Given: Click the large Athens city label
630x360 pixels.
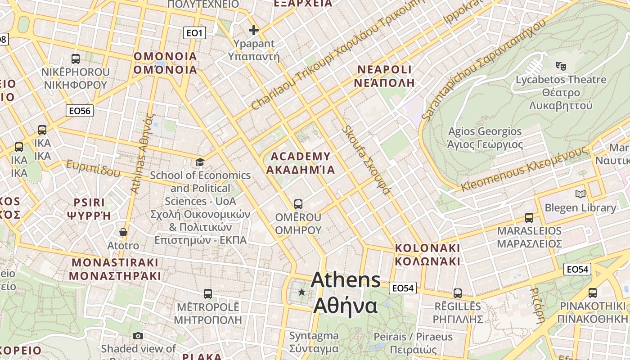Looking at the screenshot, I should click(x=346, y=292).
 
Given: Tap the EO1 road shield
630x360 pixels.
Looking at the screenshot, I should click(x=195, y=33).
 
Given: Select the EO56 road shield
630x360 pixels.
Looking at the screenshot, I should click(x=80, y=111).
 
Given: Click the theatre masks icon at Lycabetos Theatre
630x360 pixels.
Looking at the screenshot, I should click(x=561, y=66).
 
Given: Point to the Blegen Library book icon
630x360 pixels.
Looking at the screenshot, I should click(x=580, y=194).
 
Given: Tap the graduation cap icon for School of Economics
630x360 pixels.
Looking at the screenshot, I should click(x=200, y=162).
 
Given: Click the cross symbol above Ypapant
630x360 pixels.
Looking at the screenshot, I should click(x=254, y=30).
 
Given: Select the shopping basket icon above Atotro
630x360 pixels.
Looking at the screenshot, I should click(x=123, y=232).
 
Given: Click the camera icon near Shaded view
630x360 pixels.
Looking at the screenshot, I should click(x=138, y=336).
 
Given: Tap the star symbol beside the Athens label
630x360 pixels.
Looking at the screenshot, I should click(x=301, y=292).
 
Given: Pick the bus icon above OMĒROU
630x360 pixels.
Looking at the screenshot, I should click(x=298, y=204).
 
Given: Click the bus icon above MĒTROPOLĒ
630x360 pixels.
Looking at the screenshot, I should click(x=207, y=294).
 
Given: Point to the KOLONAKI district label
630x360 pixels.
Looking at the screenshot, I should click(x=427, y=255).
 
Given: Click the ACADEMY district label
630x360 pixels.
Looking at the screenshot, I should click(x=301, y=163).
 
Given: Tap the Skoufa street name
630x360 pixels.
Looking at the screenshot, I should click(x=365, y=160).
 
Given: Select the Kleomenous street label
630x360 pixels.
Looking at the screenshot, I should click(x=524, y=170).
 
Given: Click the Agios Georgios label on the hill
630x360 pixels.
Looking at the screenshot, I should click(x=485, y=138).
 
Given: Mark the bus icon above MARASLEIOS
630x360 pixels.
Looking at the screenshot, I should click(x=529, y=218).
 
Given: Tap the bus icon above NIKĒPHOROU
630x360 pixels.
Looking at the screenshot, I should click(x=76, y=59).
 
